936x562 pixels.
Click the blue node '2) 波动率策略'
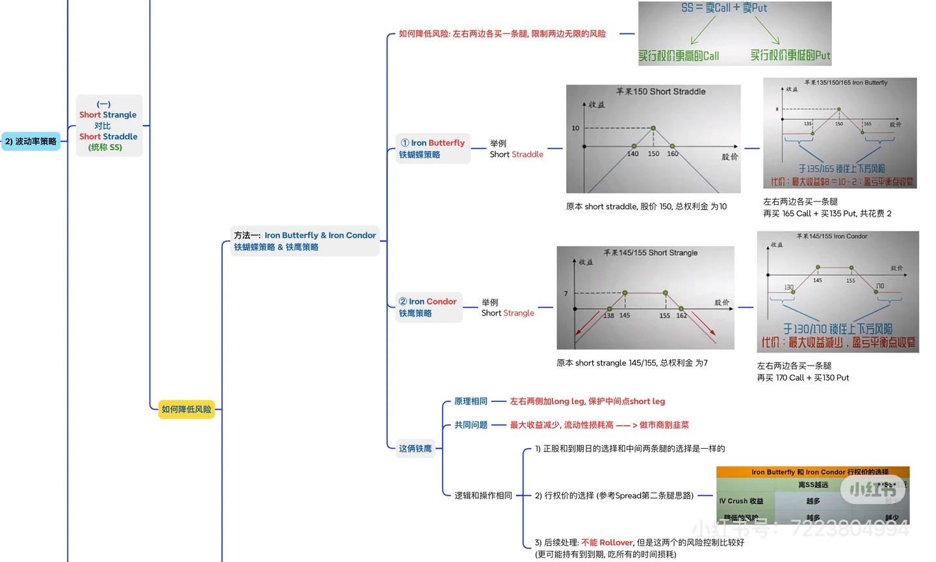pos(31,141)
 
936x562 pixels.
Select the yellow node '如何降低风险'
pos(187,409)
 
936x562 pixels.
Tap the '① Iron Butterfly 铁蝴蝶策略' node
pos(432,148)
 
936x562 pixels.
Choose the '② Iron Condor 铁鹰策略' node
pos(428,307)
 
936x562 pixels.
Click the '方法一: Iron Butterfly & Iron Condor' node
pos(305,241)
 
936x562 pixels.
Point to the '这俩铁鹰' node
pos(415,448)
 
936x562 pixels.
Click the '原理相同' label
pos(471,401)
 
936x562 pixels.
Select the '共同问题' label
pos(471,425)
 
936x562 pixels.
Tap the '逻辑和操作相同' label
pos(483,496)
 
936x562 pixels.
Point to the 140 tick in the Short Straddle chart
pos(632,154)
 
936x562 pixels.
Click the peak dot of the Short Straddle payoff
pos(653,128)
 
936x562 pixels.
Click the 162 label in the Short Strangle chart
pos(681,315)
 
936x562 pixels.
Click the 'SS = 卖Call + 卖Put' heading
pos(724,8)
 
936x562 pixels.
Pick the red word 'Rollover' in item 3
pos(616,542)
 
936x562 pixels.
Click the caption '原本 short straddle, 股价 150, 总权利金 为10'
pos(646,206)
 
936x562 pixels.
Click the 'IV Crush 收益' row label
pos(741,501)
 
